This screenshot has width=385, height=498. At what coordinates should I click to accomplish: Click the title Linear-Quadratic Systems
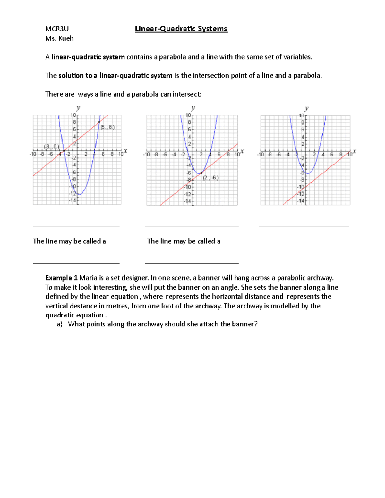tap(181, 29)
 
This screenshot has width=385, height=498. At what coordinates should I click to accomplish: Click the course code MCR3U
tap(57, 29)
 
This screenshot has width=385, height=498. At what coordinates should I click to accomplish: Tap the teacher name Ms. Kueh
tap(59, 38)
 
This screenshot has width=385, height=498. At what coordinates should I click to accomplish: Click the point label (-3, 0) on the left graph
tap(51, 147)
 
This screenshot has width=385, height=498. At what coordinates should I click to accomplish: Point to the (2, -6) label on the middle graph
tap(211, 178)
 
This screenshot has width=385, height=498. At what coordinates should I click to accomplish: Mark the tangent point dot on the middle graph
tap(201, 173)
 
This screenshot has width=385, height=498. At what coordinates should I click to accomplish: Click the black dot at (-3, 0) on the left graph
tap(64, 151)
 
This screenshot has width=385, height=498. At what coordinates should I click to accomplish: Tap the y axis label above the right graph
tap(306, 108)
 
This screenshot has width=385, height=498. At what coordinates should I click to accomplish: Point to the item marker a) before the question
tap(59, 324)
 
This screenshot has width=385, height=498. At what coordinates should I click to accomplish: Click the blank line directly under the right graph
tap(304, 226)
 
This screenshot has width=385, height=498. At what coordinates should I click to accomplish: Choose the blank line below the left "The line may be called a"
tap(76, 263)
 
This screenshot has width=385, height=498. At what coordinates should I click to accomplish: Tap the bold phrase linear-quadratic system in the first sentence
tap(88, 57)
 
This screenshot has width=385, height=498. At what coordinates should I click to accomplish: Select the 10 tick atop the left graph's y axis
tap(73, 115)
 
